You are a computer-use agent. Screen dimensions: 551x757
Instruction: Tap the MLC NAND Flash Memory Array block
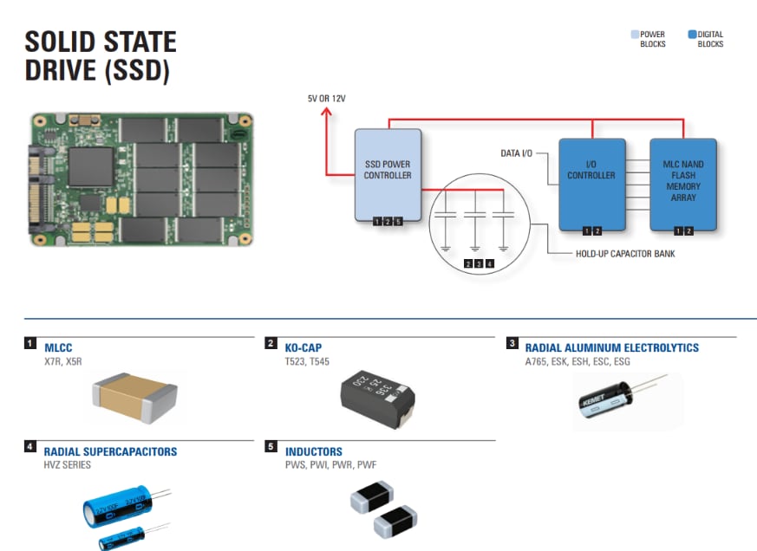tap(683, 182)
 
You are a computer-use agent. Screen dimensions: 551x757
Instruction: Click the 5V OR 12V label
tap(326, 99)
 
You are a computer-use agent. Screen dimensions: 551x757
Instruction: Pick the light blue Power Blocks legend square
tap(635, 35)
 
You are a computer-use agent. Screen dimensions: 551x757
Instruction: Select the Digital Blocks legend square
tap(692, 35)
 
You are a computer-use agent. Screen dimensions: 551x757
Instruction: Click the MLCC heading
tap(58, 347)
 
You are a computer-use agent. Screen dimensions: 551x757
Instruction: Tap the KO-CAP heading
tap(303, 347)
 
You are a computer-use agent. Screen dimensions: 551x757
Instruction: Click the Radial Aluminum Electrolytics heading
tap(611, 347)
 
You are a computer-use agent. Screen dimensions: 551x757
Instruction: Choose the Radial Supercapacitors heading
tap(110, 451)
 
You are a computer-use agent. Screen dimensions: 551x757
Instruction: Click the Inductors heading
tap(313, 451)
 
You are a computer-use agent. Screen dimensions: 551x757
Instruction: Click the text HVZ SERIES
tap(67, 465)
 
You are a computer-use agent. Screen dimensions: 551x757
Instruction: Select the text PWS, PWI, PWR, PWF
tap(330, 465)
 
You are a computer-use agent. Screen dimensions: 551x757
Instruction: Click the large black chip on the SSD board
tap(91, 170)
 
